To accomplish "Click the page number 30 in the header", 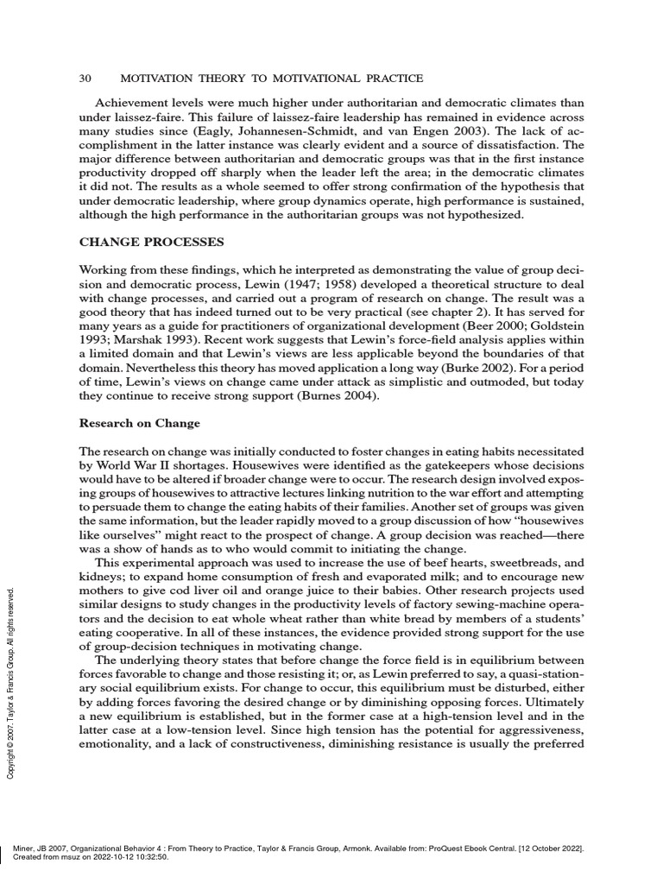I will pos(85,79).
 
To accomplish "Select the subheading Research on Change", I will pos(140,423).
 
